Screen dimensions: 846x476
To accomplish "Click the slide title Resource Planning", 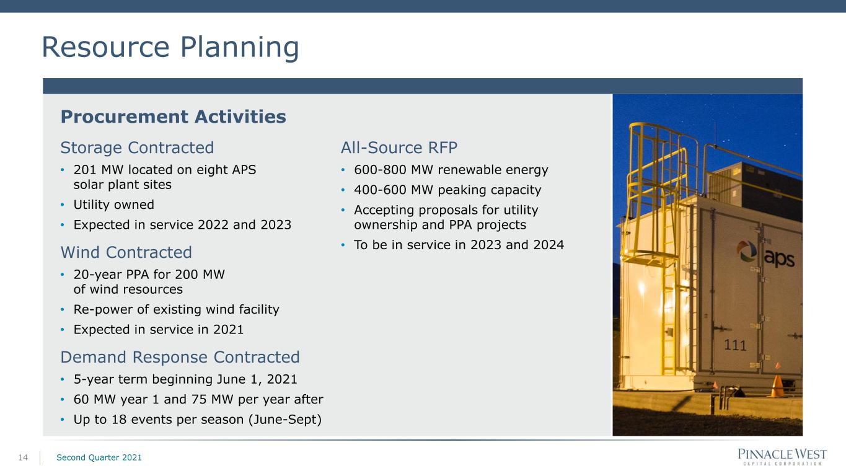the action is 170,48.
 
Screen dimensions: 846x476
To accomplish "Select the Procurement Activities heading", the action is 174,117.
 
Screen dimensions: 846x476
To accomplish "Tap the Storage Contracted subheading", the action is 137,148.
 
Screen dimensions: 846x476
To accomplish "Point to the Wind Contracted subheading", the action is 126,252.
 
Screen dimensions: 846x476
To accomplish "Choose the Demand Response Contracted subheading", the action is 180,358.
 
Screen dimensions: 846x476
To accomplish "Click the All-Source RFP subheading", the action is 399,148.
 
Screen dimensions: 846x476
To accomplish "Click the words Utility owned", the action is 113,205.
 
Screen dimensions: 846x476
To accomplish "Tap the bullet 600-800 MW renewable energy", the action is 451,170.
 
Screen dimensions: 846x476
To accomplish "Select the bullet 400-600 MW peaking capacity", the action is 447,190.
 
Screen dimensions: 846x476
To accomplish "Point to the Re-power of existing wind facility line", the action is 177,309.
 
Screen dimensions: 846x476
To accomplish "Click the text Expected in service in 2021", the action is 159,330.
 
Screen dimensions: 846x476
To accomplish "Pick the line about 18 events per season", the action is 198,420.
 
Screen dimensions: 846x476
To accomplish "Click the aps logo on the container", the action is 765,254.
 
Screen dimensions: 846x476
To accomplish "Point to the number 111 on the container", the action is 735,345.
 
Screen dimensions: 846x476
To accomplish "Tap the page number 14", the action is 23,458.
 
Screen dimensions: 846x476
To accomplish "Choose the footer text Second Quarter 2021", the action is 99,457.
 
